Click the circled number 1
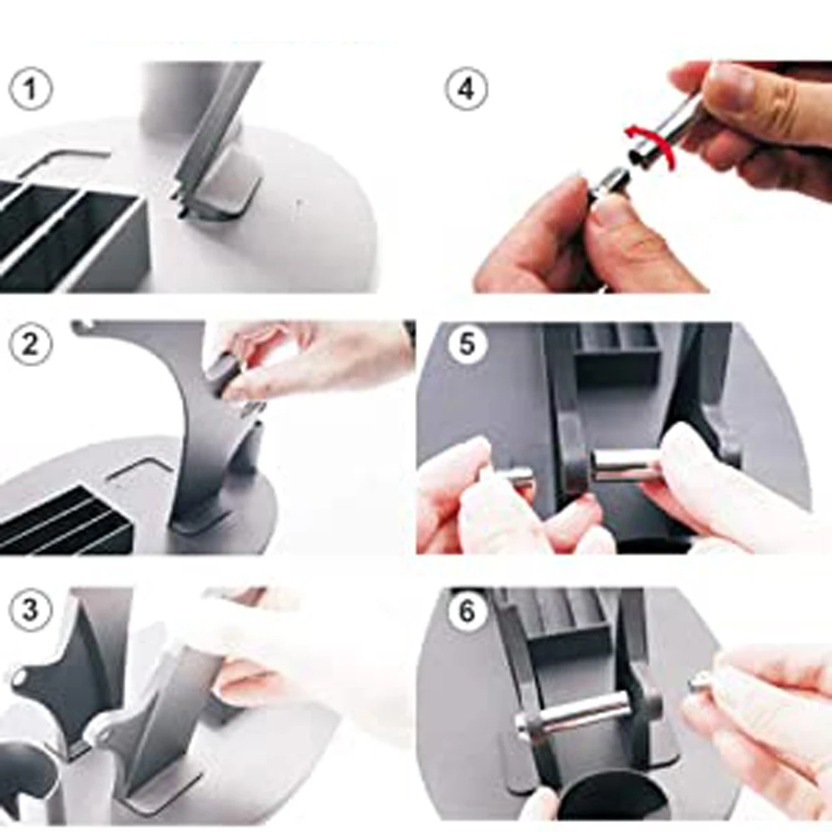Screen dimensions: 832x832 (x=30, y=89)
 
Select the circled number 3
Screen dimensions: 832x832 (x=30, y=609)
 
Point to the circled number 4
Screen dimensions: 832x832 (x=467, y=89)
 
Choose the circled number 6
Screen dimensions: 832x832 (x=467, y=612)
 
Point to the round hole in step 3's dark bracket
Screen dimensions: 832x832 (x=20, y=677)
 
